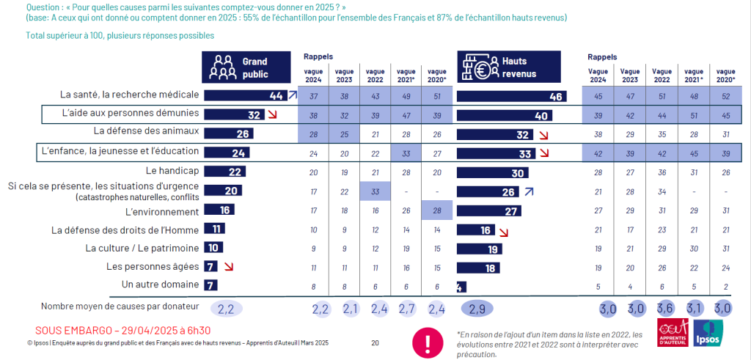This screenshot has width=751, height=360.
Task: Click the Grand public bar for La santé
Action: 244,95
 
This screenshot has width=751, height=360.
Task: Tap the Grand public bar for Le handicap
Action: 224,171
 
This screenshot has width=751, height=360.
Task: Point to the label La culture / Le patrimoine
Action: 142,248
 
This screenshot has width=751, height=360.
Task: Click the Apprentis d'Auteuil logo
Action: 673,334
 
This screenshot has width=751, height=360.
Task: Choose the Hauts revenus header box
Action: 508,67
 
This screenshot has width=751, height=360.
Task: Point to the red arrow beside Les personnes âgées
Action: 230,267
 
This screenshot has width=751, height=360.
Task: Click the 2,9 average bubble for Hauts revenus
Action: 477,307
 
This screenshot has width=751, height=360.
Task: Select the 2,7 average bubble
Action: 406,307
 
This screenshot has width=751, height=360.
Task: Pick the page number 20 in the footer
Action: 375,342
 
